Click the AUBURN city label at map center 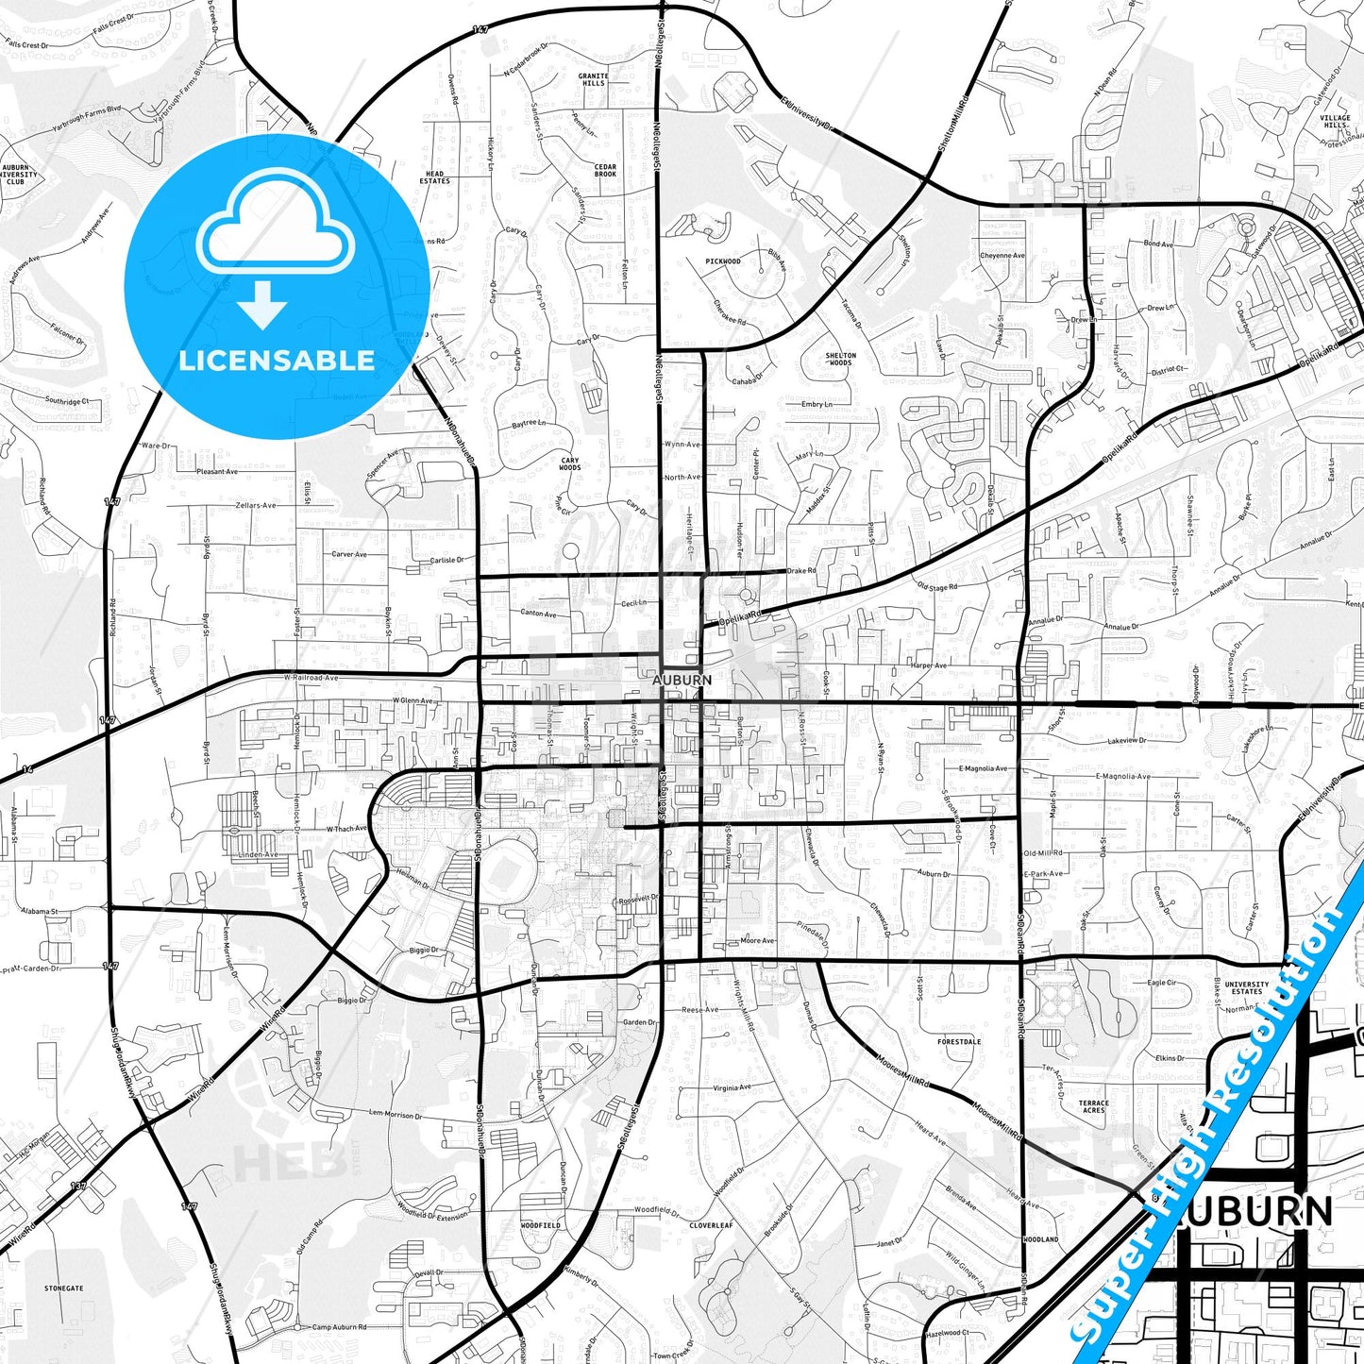tap(682, 680)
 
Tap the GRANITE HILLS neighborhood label tap(593, 79)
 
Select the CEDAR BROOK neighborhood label tap(605, 171)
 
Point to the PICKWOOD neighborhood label tap(723, 261)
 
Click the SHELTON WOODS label tap(840, 359)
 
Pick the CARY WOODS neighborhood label tap(570, 464)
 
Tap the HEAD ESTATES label tap(435, 177)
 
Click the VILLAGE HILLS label tap(1335, 122)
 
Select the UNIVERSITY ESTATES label tap(1246, 988)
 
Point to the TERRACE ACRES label tap(1093, 1106)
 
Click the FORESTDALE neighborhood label tap(959, 1042)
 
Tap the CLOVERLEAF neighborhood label tap(711, 1225)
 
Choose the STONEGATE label tap(64, 1288)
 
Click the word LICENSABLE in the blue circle tap(277, 361)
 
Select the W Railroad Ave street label tap(311, 678)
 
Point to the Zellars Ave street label tap(255, 505)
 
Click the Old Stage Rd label tap(936, 587)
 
